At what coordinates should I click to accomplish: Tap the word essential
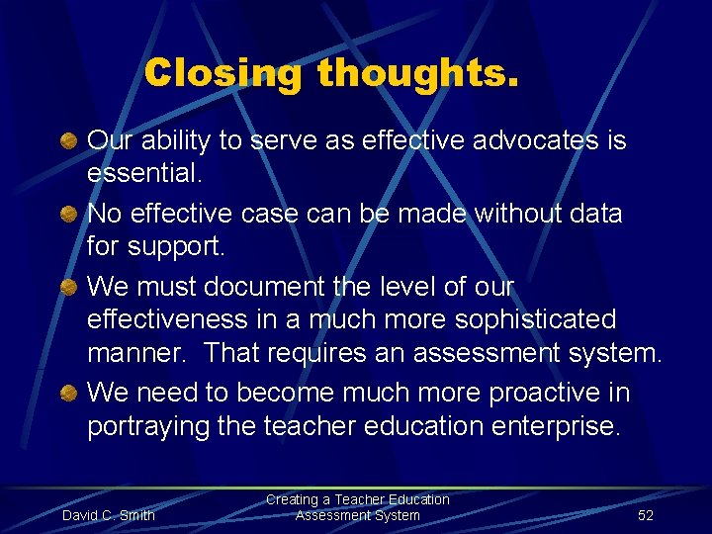click(142, 175)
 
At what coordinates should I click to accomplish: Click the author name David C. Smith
click(109, 515)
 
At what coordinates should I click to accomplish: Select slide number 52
click(646, 515)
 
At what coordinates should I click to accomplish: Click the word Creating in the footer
click(293, 500)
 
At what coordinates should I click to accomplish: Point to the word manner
click(135, 354)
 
